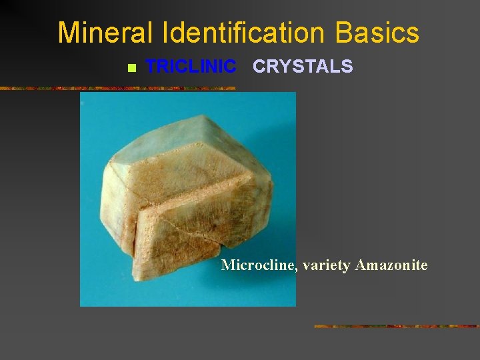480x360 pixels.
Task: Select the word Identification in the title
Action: coord(233,33)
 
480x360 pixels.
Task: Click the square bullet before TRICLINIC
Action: coord(131,68)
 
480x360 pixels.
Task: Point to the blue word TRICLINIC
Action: coord(191,67)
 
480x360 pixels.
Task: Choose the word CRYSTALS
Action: coord(303,67)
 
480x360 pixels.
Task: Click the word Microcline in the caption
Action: coord(257,265)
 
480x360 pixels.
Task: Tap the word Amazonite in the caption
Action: coord(391,265)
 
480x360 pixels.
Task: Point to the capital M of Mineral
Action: coord(67,33)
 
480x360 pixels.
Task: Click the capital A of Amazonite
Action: coord(361,265)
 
